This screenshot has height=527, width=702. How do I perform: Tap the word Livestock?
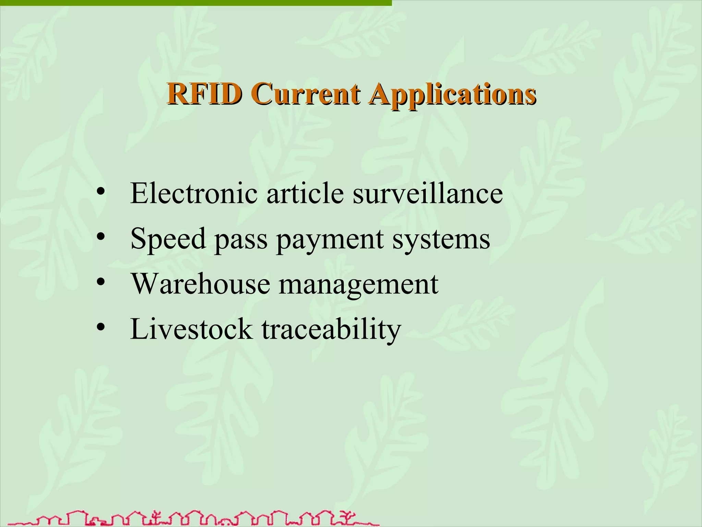pyautogui.click(x=191, y=329)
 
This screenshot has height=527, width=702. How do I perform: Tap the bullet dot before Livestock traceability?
pyautogui.click(x=100, y=328)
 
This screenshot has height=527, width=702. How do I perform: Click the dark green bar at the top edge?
pyautogui.click(x=195, y=3)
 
